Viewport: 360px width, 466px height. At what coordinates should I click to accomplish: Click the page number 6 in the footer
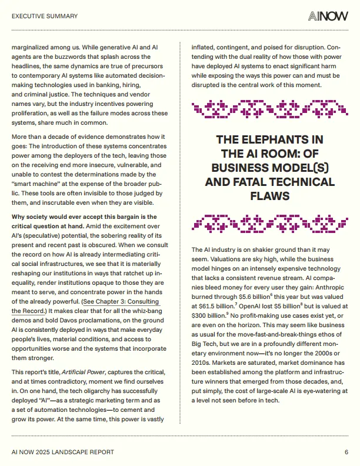pyautogui.click(x=346, y=452)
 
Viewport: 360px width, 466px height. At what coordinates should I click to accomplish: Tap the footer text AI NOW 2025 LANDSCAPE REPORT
pyautogui.click(x=63, y=452)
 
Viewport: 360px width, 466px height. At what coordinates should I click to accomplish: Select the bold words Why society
pyautogui.click(x=33, y=217)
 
